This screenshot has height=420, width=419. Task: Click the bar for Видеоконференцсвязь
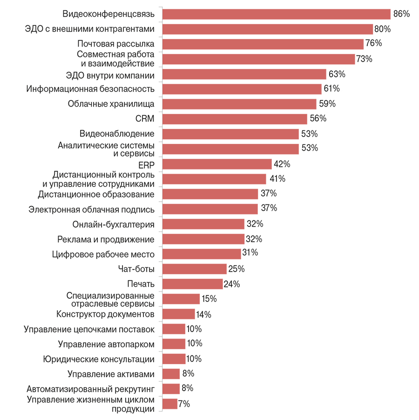277,14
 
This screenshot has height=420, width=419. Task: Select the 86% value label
401,14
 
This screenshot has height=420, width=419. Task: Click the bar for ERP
217,164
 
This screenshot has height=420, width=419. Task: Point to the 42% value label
282,164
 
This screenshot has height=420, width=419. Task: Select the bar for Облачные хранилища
240,104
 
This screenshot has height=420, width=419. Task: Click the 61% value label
332,88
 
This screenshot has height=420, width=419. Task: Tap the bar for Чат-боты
195,269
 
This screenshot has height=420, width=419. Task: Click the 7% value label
184,404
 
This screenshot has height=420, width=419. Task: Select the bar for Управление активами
171,374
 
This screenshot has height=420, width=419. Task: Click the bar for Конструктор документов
179,314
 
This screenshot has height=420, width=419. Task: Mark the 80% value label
382,29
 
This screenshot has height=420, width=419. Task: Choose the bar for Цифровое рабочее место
202,254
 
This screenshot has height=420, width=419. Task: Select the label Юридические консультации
99,359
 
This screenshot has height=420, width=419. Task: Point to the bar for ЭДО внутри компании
244,74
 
